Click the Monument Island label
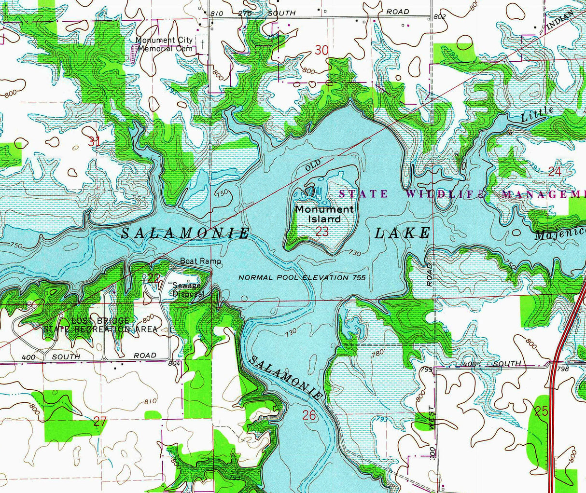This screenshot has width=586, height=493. click(x=324, y=214)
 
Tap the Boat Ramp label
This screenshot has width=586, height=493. click(x=200, y=261)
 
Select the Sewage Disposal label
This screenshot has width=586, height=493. click(x=188, y=289)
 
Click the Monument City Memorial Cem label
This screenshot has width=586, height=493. click(x=165, y=44)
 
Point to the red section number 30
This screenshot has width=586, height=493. click(x=321, y=50)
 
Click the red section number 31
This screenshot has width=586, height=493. click(x=94, y=141)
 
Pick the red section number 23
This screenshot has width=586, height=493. click(x=322, y=232)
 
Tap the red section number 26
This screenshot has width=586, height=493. click(x=309, y=414)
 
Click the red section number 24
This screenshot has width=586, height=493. click(x=555, y=171)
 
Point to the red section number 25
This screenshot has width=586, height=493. click(x=542, y=411)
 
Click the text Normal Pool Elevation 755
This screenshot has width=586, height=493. click(x=302, y=278)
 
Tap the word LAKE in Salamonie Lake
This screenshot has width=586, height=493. click(x=402, y=233)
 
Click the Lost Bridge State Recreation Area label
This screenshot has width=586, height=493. click(x=100, y=325)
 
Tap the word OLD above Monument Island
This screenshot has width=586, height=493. click(x=313, y=167)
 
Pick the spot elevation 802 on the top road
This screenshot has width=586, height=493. click(x=440, y=16)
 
